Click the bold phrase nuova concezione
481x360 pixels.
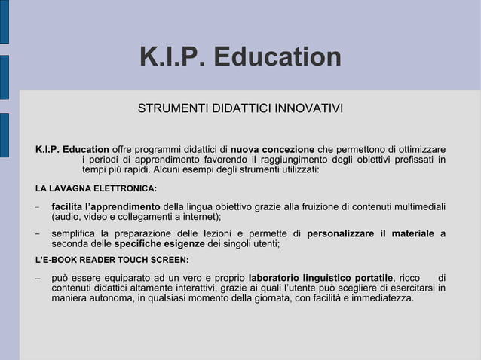coord(272,148)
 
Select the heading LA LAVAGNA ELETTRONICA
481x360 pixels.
coord(96,188)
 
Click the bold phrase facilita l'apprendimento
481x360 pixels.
coord(106,207)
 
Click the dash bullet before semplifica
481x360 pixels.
coord(37,233)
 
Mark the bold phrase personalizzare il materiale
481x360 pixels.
coord(370,233)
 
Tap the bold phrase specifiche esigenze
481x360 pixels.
coord(159,244)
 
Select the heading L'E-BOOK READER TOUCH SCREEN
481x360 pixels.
coord(112,261)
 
